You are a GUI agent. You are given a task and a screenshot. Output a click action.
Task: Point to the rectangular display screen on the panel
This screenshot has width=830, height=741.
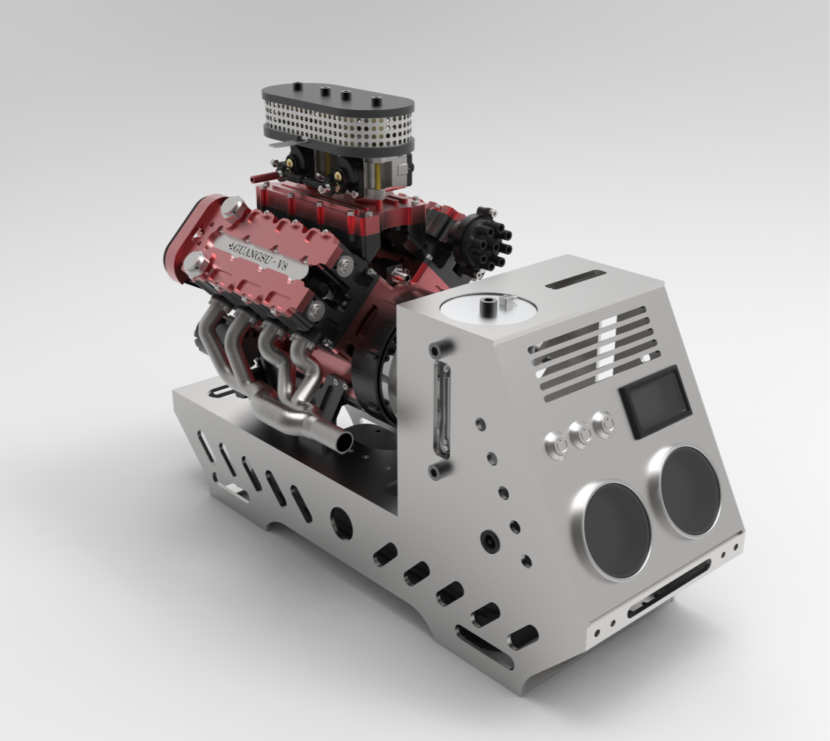point(655,403)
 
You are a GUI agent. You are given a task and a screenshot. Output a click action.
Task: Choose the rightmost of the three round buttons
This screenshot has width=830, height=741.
point(603,423)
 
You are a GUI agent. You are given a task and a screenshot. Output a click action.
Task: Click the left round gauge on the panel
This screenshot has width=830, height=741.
point(614,530)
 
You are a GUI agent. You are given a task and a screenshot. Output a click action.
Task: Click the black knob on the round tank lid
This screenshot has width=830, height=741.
point(489,307)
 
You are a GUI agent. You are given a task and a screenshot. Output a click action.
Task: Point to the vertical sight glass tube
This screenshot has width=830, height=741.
point(443,411)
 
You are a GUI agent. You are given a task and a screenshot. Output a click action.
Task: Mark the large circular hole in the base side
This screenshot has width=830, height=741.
point(341,522)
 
